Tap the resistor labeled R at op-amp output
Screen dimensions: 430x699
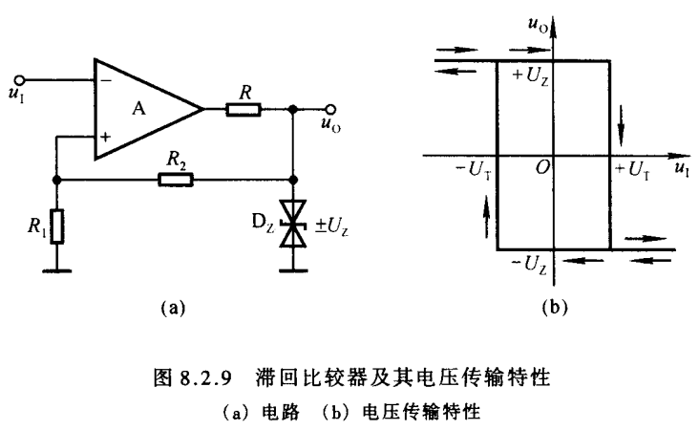tap(243, 109)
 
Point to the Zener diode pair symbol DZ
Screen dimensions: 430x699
tap(293, 227)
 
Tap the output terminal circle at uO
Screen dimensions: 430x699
tap(331, 109)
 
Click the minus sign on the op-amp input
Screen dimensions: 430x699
tap(105, 81)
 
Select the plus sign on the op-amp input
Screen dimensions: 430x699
tap(105, 137)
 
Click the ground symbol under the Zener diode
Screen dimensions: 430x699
tap(293, 270)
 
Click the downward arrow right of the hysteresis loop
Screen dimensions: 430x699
tap(622, 120)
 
